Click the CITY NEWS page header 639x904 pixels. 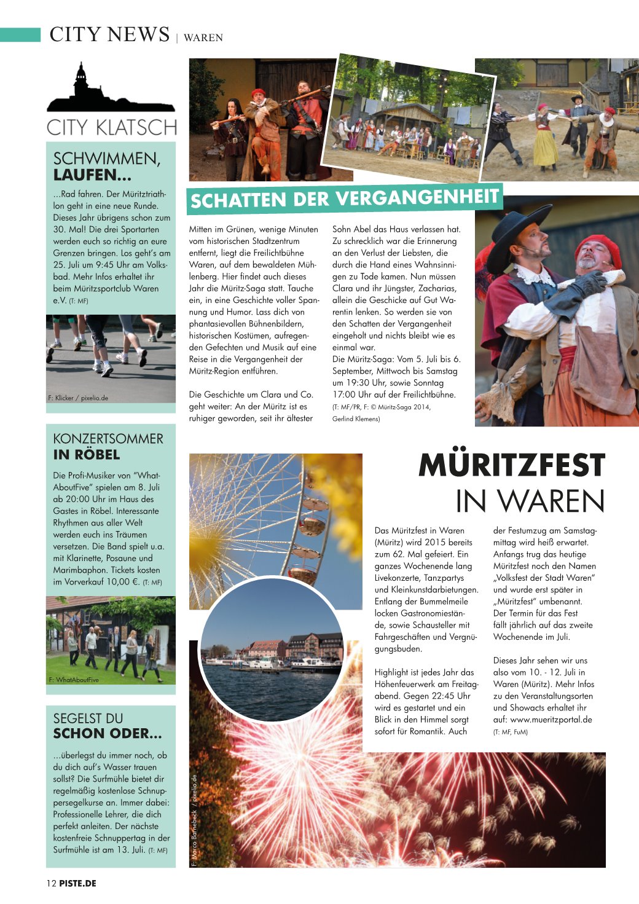(x=109, y=34)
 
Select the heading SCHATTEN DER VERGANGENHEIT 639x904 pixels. (x=344, y=198)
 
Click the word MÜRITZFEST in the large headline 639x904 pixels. (x=512, y=465)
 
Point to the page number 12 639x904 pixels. (x=51, y=883)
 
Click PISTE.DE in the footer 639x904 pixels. (x=78, y=883)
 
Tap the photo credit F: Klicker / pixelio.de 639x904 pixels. (x=78, y=398)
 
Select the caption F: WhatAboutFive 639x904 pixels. (x=74, y=680)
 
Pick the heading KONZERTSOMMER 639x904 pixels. (x=108, y=439)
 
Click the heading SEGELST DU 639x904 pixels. (x=88, y=718)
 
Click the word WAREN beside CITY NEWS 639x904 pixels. (x=203, y=37)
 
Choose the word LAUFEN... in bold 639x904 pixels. (x=92, y=175)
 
